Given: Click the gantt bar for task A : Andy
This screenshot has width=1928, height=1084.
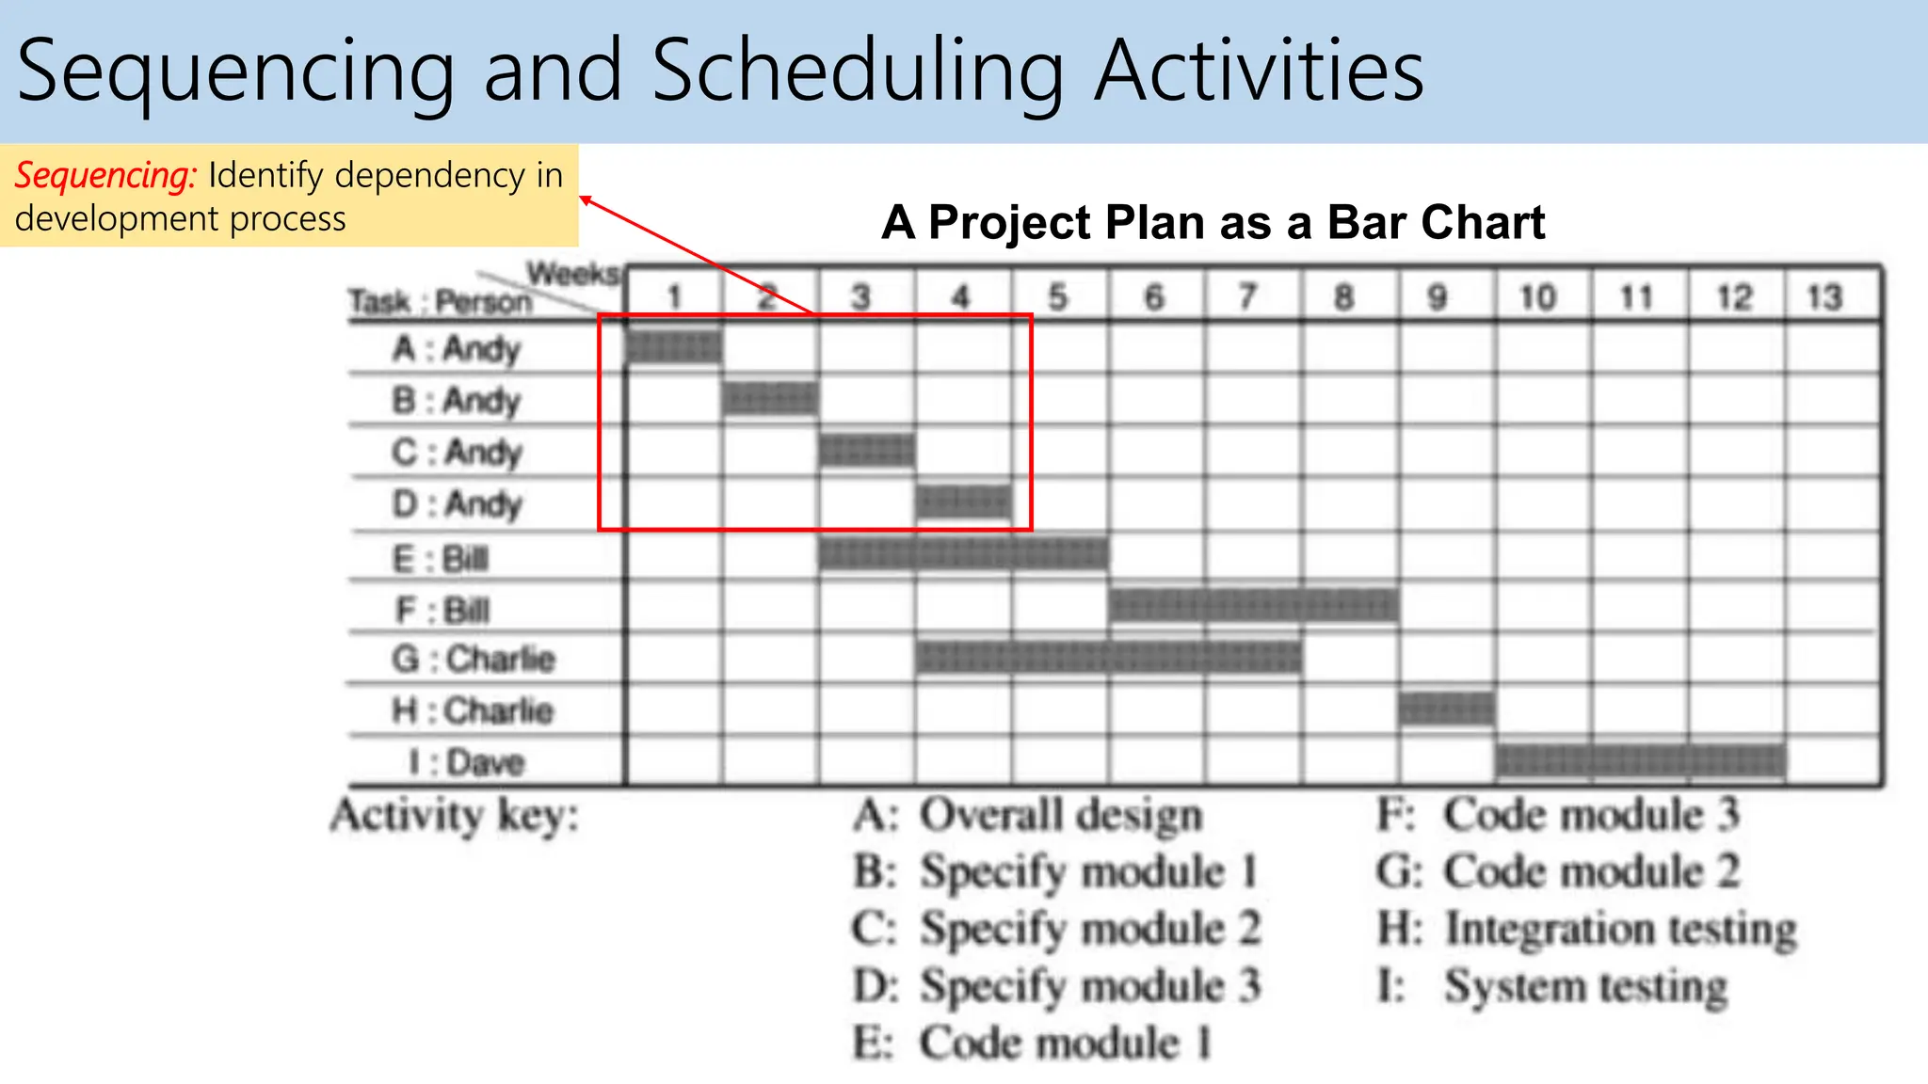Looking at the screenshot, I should [x=674, y=347].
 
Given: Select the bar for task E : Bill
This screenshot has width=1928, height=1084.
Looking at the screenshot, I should [x=963, y=553].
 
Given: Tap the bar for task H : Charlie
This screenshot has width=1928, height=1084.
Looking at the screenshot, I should [x=1446, y=709].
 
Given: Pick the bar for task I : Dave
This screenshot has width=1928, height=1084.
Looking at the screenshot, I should [x=1640, y=760].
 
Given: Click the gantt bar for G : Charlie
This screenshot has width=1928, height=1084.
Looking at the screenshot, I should [x=1108, y=657].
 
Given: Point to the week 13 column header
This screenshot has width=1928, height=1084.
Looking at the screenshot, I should [x=1824, y=297].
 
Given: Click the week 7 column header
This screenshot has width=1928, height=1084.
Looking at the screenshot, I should [x=1248, y=297].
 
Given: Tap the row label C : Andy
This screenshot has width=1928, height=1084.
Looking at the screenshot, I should [x=457, y=452].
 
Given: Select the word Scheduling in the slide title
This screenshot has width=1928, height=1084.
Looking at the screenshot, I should [x=858, y=71].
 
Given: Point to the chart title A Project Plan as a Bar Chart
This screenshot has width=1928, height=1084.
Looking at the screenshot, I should [x=1213, y=223].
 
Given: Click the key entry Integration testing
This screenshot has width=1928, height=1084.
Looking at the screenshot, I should [x=1619, y=929].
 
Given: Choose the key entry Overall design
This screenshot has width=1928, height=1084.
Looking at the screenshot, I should [x=1061, y=815].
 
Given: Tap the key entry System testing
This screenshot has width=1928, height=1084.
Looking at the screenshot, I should [x=1585, y=987].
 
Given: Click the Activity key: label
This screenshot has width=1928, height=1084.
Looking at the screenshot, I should [x=455, y=815].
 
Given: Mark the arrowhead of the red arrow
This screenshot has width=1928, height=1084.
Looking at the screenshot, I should [x=585, y=199].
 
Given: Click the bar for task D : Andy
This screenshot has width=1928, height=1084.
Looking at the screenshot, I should [x=963, y=502].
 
